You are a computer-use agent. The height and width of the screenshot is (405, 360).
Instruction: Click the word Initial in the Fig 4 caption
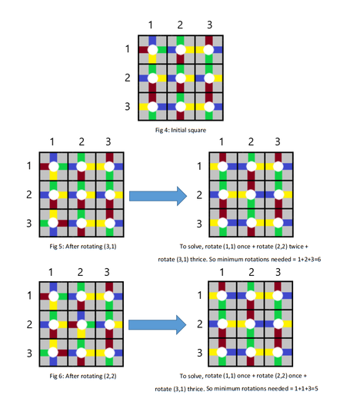tap(178, 130)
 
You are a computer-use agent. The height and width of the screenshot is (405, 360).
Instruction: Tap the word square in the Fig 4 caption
tap(197, 131)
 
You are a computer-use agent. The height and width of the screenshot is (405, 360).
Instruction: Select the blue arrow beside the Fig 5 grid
tap(158, 196)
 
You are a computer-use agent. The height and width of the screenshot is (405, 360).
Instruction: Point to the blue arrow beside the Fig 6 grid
tap(157, 324)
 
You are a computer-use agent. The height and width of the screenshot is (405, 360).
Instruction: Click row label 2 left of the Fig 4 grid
tap(128, 78)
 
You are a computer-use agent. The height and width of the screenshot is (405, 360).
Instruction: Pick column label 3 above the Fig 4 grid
tap(209, 25)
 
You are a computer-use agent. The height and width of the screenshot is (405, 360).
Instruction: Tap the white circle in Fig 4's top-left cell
tap(152, 50)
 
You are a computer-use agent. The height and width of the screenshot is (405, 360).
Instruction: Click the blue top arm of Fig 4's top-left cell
tap(152, 41)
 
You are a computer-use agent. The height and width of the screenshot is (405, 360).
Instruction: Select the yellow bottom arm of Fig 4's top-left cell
tap(152, 58)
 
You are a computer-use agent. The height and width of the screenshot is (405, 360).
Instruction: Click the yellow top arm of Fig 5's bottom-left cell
tap(53, 214)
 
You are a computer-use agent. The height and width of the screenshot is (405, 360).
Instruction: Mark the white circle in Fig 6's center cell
tap(82, 324)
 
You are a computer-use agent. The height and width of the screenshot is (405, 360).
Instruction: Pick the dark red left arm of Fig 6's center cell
tap(72, 324)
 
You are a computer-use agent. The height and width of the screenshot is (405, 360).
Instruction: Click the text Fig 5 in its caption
tap(55, 247)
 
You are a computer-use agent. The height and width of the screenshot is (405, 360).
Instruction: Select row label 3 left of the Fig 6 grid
tap(29, 353)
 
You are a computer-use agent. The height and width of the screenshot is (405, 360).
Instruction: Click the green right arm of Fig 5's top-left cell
tap(62, 167)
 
